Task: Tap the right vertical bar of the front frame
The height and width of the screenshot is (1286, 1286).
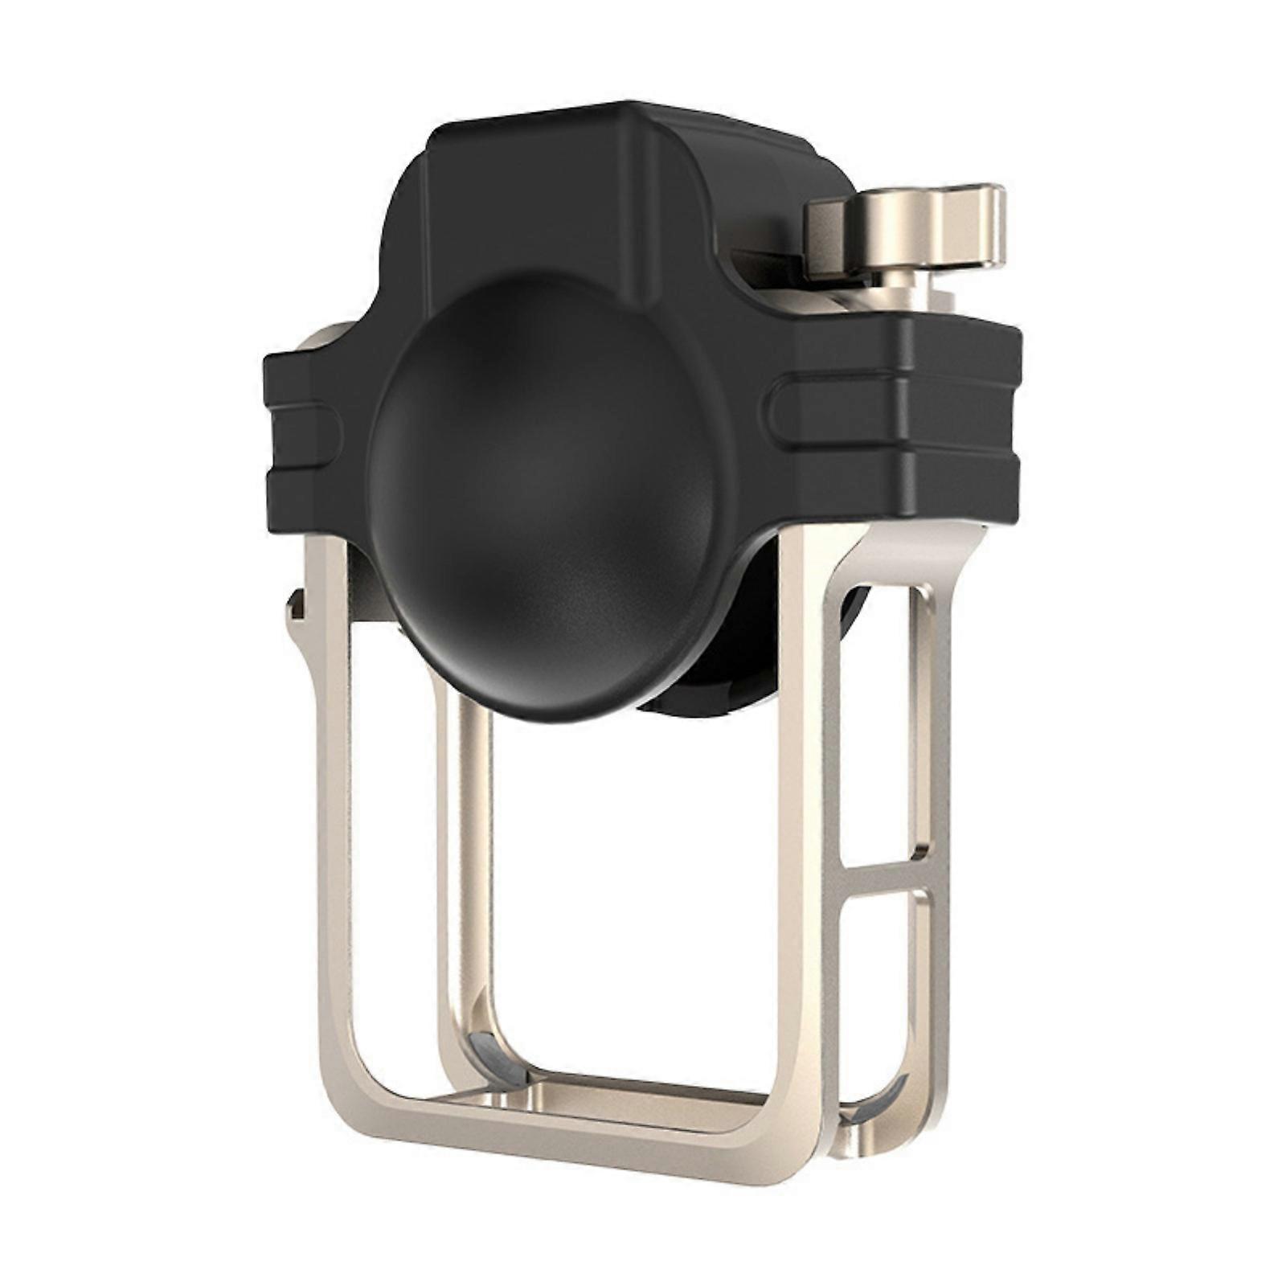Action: [x=801, y=804]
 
